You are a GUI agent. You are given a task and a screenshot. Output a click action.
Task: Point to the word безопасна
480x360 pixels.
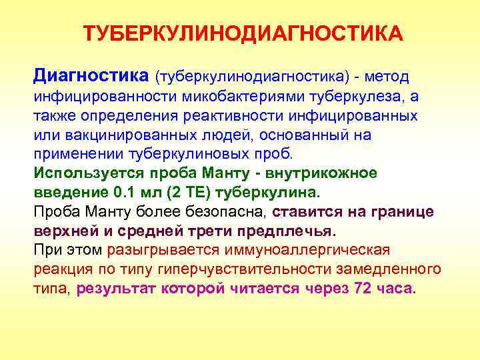point(219,212)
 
